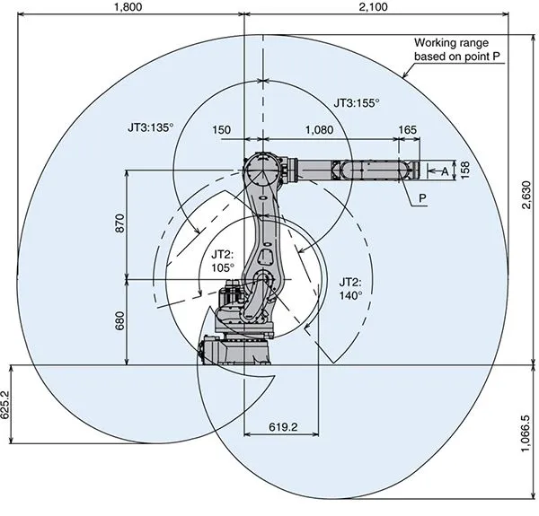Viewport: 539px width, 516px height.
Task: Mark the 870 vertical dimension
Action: [120, 223]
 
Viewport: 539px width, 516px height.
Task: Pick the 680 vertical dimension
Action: [120, 320]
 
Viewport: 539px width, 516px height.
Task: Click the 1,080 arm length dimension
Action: [321, 130]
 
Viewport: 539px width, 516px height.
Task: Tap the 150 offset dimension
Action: [222, 130]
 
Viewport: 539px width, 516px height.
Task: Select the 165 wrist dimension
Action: [407, 130]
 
